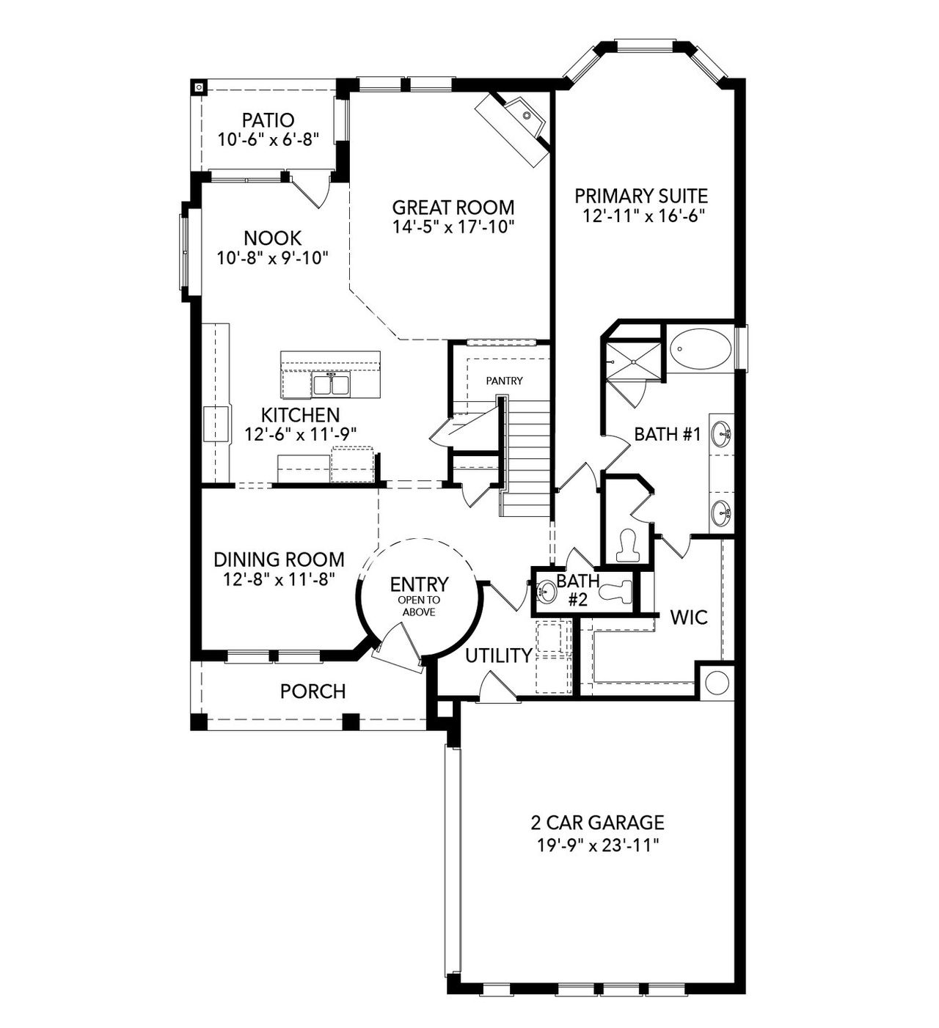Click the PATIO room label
coord(268,120)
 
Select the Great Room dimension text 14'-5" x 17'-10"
coord(453,227)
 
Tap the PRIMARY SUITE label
coord(640,196)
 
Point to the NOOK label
coord(272,238)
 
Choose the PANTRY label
coord(504,381)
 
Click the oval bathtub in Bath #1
coord(701,350)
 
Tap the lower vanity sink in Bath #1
coord(723,510)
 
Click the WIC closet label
coord(689,617)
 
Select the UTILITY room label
coord(499,656)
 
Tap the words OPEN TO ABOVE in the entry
coord(417,606)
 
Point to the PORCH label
coord(313,691)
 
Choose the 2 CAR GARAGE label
coord(598,822)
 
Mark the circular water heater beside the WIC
coord(716,682)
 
